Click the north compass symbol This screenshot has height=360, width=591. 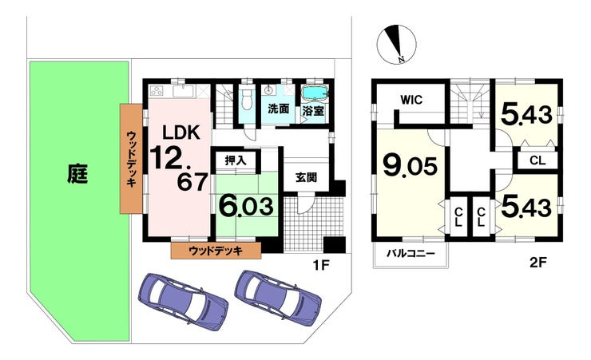coord(396,44)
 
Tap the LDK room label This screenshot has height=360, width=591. coord(181,133)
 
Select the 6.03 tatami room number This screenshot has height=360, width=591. coord(246,207)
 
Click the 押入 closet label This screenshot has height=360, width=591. coord(236,160)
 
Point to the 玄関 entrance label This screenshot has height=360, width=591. coord(306,177)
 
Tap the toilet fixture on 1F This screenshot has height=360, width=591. coord(246,100)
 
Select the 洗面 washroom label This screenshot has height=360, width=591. coord(279,109)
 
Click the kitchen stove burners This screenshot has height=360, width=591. coord(157,91)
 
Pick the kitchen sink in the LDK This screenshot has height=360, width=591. coord(183,91)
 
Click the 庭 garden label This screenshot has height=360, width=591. coord(77,173)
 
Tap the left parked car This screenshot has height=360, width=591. coord(183,302)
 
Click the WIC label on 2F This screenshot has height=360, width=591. coord(411,100)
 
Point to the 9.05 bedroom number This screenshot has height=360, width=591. coord(410,166)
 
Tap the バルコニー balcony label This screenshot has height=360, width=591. coord(411,253)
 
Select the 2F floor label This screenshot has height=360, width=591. coord(537,263)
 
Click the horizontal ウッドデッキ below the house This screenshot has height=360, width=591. coord(216,251)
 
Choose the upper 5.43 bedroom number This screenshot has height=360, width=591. coord(526,114)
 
